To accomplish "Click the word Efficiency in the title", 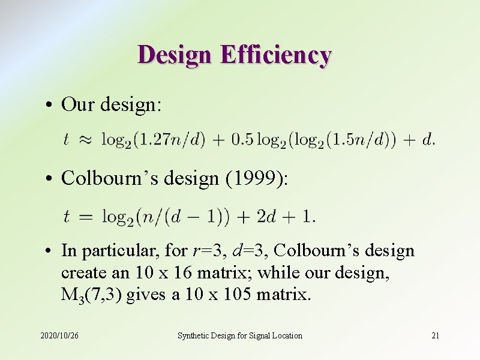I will [x=275, y=55].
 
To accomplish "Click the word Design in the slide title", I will [x=175, y=55].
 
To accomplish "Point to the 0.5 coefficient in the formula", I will [x=242, y=140].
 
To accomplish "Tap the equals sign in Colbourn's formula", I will [x=86, y=216].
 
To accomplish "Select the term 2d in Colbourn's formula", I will [x=266, y=215].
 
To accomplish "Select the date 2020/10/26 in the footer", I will [x=59, y=335].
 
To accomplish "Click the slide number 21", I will [x=436, y=335].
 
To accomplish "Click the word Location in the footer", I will [x=286, y=335].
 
